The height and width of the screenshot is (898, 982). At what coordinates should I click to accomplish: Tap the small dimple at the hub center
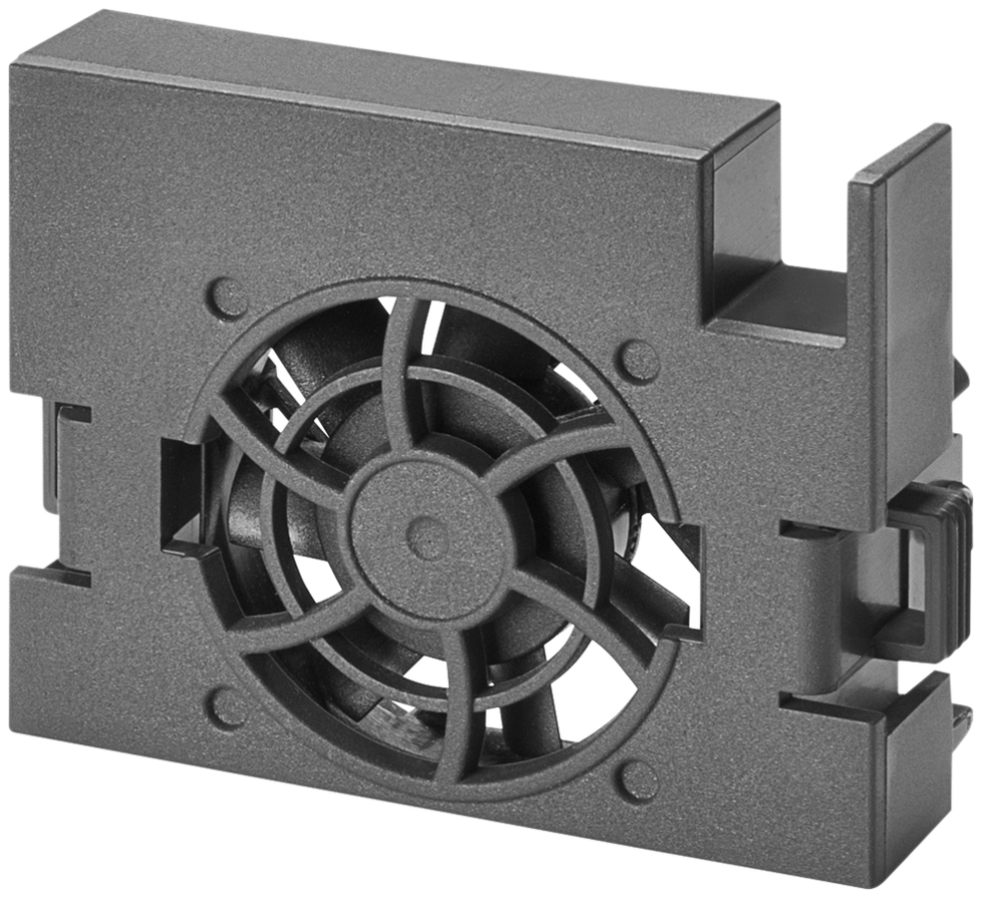pyautogui.click(x=428, y=539)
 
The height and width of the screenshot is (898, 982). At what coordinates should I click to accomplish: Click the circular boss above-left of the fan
pyautogui.click(x=228, y=297)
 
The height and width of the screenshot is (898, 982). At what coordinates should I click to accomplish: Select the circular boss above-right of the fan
pyautogui.click(x=638, y=361)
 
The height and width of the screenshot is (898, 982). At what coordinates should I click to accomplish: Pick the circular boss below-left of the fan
pyautogui.click(x=227, y=707)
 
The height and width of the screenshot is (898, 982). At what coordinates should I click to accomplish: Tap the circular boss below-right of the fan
pyautogui.click(x=638, y=780)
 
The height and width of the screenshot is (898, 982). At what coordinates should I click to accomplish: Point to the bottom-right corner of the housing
pyautogui.click(x=877, y=883)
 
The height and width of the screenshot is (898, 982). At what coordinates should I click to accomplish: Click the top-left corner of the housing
pyautogui.click(x=14, y=66)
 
